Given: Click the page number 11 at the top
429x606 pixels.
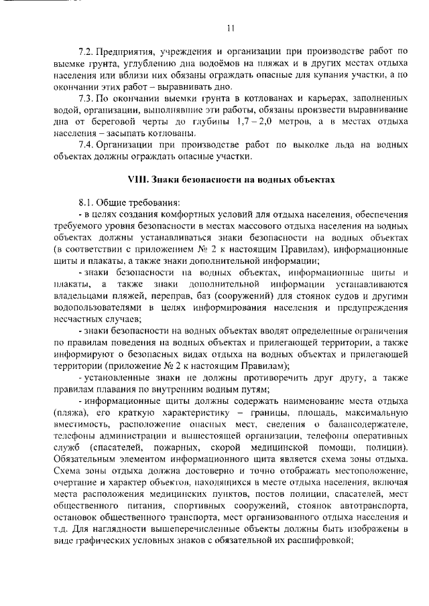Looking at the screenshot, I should click(x=231, y=28).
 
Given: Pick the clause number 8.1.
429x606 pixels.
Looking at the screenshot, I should click(x=86, y=202).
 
